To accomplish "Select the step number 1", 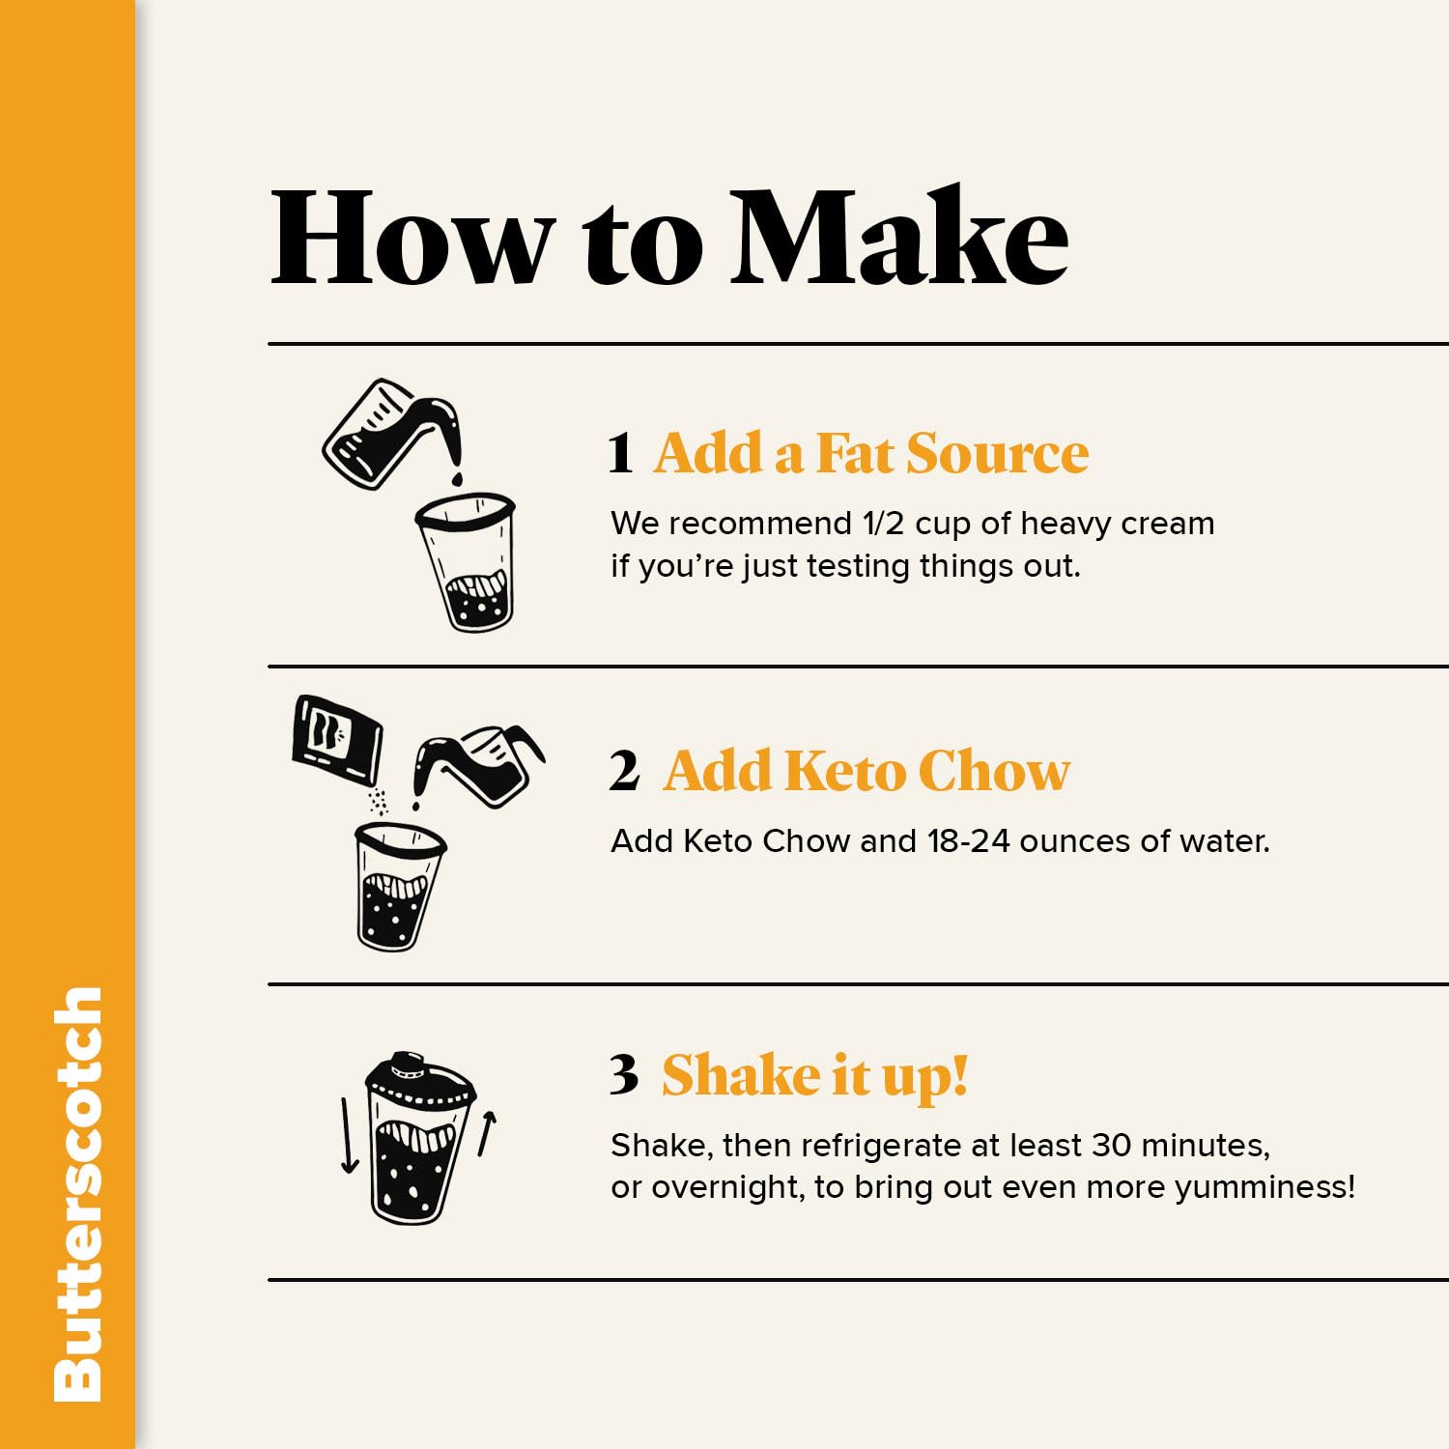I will pyautogui.click(x=620, y=453).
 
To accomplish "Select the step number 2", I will pyautogui.click(x=624, y=771).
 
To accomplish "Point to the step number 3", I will pyautogui.click(x=624, y=1074).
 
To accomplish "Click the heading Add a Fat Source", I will pyautogui.click(x=870, y=453).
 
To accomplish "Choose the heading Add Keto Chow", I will pyautogui.click(x=867, y=771).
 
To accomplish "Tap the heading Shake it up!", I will pyautogui.click(x=814, y=1074).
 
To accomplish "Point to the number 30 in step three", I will pyautogui.click(x=1111, y=1145).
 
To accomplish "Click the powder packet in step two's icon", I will pyautogui.click(x=336, y=739).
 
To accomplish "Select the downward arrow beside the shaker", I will pyautogui.click(x=349, y=1135).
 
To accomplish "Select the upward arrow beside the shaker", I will pyautogui.click(x=487, y=1133).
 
